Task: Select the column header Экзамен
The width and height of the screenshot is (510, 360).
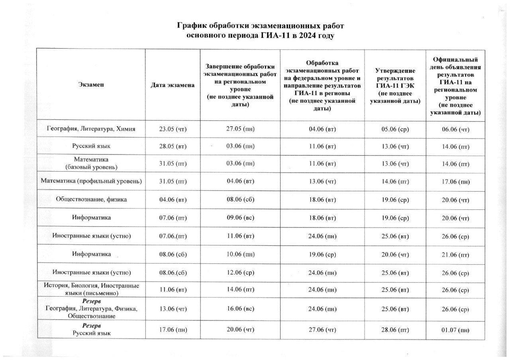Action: click(91, 85)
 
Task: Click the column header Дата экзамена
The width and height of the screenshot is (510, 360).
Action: click(173, 85)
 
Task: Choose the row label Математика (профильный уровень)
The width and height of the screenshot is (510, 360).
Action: click(91, 181)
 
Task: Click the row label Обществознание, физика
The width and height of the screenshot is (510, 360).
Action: click(91, 200)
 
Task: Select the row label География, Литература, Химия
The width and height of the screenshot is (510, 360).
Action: click(91, 129)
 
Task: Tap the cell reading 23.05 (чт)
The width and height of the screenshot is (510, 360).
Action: click(173, 129)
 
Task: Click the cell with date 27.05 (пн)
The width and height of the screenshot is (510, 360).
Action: click(240, 129)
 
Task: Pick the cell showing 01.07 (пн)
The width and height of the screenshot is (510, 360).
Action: click(456, 330)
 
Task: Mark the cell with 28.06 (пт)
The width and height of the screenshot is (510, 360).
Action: click(395, 330)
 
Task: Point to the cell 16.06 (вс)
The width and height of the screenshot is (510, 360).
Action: click(240, 309)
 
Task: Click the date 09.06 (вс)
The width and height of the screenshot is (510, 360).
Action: click(240, 218)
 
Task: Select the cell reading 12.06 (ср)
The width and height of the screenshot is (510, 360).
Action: click(240, 273)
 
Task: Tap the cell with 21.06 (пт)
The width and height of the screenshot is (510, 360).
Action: click(456, 254)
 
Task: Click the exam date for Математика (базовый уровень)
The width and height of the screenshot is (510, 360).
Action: click(173, 163)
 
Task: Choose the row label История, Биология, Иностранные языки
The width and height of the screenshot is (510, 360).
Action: click(91, 289)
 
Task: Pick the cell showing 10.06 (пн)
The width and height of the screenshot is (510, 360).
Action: click(240, 254)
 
